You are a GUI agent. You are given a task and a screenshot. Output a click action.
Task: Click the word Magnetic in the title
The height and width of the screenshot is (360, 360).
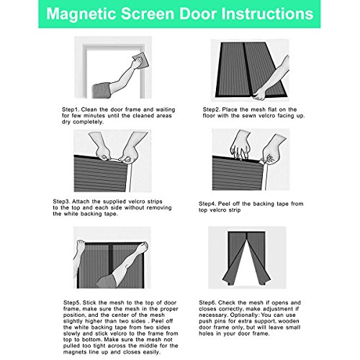pos(81,14)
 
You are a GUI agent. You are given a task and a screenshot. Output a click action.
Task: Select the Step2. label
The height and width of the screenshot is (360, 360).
pos(211,109)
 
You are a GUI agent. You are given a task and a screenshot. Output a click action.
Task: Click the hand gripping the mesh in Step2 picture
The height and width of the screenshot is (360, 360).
pos(259,94)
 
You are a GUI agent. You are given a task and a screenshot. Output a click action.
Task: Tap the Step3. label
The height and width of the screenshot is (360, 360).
pos(61,202)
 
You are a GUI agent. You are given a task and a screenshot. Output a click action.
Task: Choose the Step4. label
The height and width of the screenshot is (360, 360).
pos(207,204)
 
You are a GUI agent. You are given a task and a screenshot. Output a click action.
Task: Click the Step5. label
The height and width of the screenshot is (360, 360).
pos(72,303)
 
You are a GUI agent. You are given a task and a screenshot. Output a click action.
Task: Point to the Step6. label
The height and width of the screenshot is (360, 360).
pos(207,302)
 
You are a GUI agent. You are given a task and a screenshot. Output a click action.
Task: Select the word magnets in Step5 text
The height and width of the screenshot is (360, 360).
pos(74,352)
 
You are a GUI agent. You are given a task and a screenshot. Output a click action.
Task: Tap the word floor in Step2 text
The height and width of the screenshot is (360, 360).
pos(210,116)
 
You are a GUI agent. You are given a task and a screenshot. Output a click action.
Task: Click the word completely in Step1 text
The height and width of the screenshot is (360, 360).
pos(88,122)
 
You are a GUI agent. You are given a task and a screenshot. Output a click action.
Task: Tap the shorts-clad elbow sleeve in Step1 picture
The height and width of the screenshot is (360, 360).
pos(102,90)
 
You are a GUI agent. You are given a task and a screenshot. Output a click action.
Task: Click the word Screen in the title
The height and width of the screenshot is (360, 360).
pos(148,14)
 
